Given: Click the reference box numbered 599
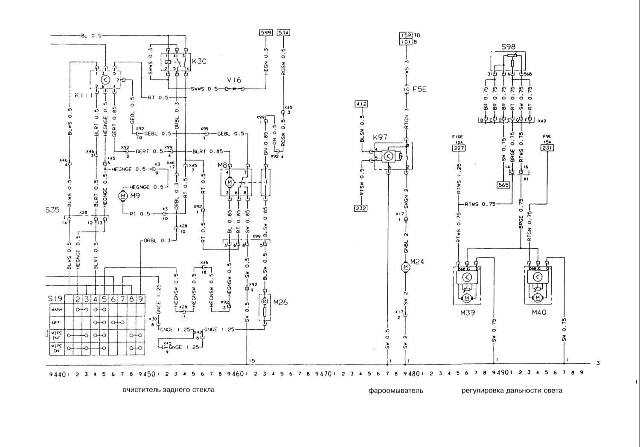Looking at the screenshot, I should tap(266, 33).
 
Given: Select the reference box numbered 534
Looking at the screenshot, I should tap(283, 33).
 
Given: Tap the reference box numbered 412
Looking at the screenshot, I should tap(361, 104).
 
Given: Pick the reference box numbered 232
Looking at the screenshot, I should tap(361, 208).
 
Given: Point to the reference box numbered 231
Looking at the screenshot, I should tap(547, 148).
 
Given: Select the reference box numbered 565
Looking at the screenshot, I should tap(503, 185).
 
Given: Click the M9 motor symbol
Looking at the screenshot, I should tap(122, 195).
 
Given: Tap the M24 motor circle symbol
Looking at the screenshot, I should tap(405, 267).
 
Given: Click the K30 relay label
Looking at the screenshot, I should tap(199, 61).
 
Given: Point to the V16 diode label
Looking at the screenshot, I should tap(234, 80).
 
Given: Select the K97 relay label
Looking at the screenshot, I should tap(380, 137).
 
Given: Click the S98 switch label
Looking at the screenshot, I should tap(508, 47).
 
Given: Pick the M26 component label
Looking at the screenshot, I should tap(280, 302).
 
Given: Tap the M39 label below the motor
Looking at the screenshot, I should tap(467, 312).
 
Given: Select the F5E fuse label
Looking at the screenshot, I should tap(419, 90).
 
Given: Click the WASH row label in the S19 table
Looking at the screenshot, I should tap(57, 310).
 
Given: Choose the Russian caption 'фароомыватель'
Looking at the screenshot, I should tap(396, 390).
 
